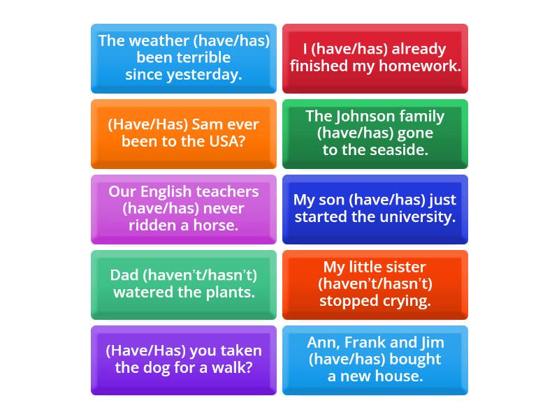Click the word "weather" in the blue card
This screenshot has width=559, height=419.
pyautogui.click(x=159, y=41)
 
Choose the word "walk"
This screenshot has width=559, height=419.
pyautogui.click(x=235, y=367)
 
